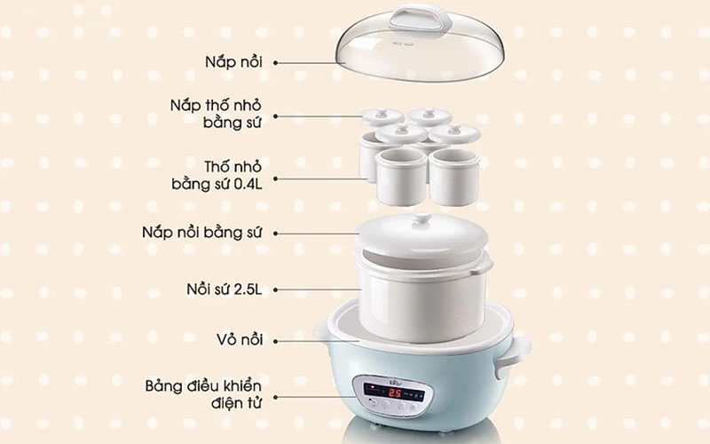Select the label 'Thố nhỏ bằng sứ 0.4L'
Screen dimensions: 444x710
222,175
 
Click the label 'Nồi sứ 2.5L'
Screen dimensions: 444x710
228,289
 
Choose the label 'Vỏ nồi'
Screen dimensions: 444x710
246,339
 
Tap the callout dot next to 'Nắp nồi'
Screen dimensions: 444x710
277,62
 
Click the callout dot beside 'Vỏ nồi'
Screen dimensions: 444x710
278,339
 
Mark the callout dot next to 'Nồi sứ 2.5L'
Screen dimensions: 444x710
278,289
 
